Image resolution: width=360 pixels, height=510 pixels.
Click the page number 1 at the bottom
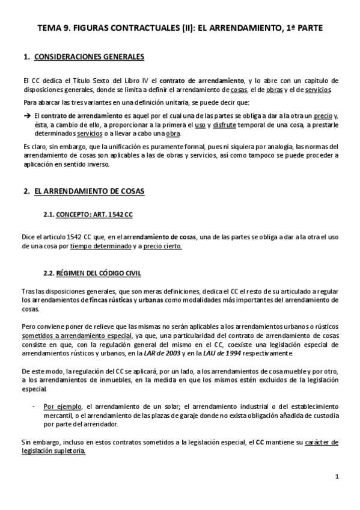click(x=337, y=477)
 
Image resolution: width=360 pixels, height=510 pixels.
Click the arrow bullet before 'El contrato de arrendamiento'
click(x=26, y=116)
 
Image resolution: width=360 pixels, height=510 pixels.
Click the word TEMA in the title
click(x=49, y=28)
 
